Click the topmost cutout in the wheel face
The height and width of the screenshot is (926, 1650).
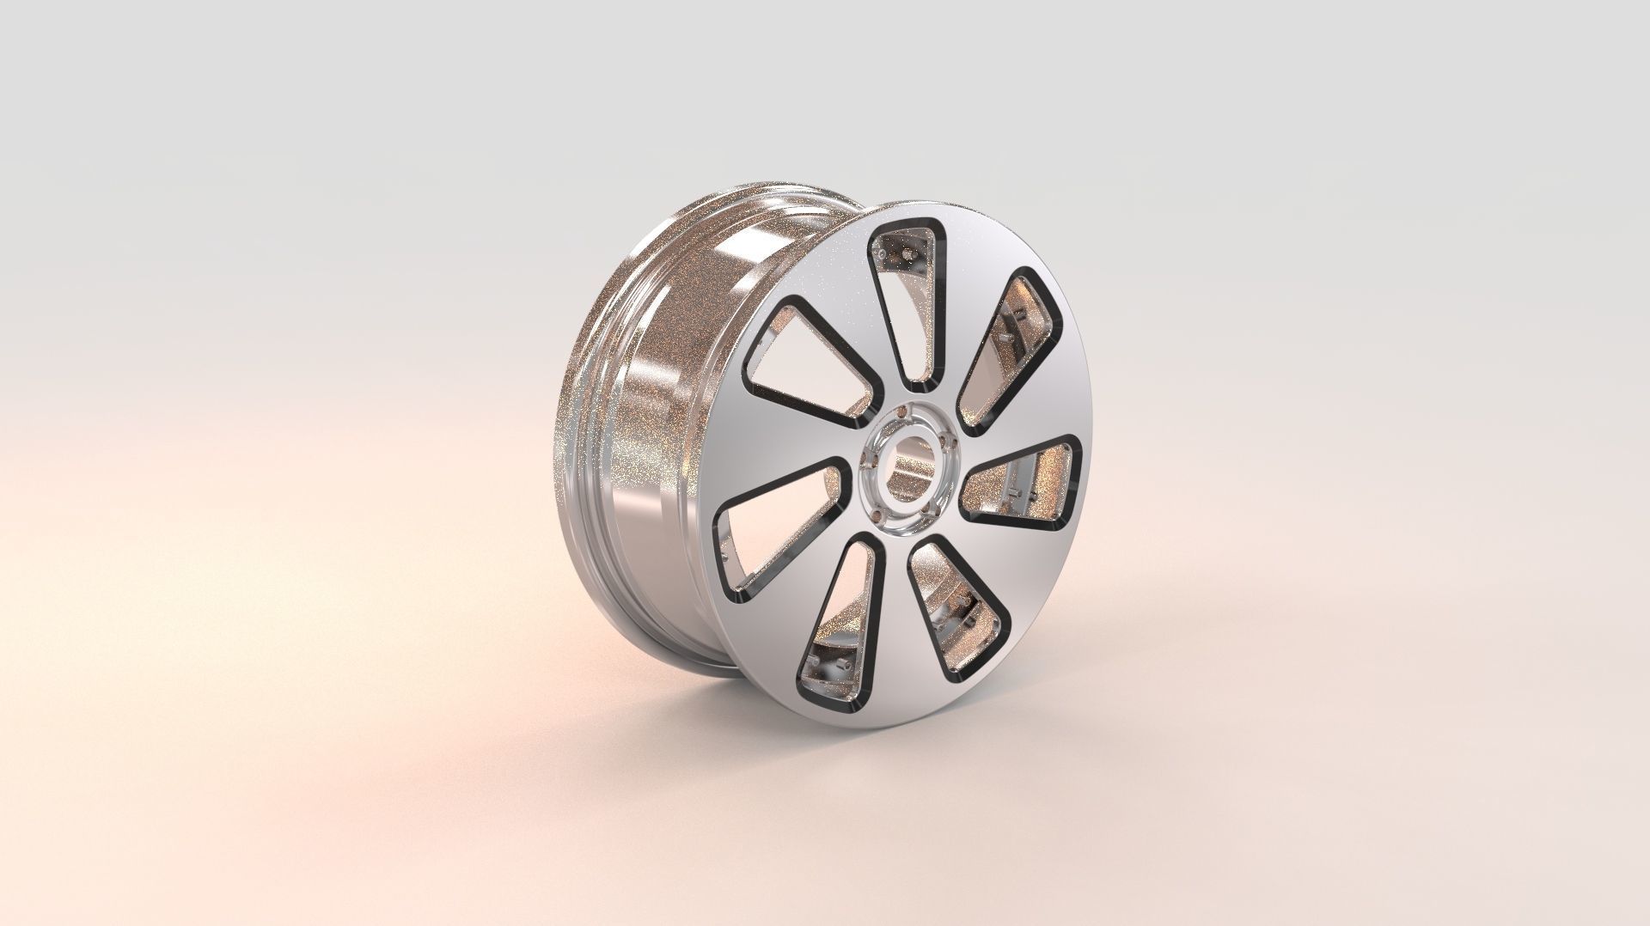[906, 301]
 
